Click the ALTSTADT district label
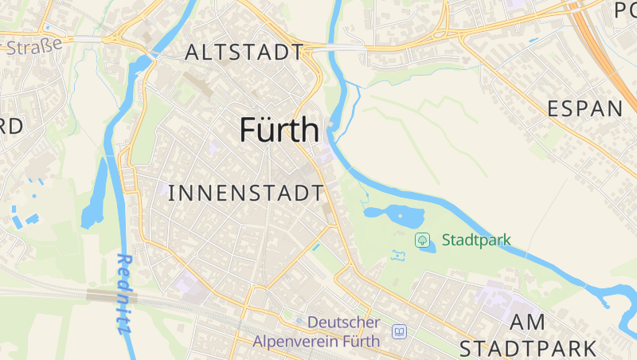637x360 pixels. (244, 53)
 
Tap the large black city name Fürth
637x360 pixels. (279, 130)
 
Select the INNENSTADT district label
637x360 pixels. (247, 193)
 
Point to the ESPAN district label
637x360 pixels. (585, 110)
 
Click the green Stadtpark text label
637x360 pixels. (476, 240)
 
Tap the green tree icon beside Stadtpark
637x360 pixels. (422, 239)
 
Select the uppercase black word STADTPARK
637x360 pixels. (529, 348)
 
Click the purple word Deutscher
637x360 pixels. (343, 323)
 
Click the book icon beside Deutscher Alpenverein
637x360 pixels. (399, 331)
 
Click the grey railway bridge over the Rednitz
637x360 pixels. (111, 296)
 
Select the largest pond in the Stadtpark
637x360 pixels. (394, 213)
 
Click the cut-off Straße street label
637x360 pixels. (33, 46)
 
